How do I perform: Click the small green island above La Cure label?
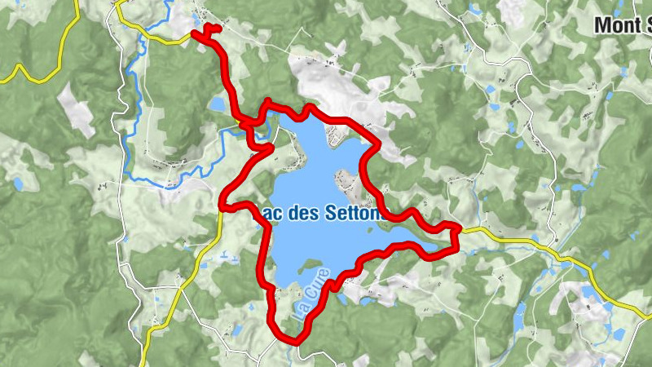coord(306,264)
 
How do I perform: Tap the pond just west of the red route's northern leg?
coord(217,104)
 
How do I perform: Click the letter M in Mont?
coord(602,25)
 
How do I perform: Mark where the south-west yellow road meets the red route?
coord(222,207)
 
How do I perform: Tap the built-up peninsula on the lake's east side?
coord(350,183)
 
